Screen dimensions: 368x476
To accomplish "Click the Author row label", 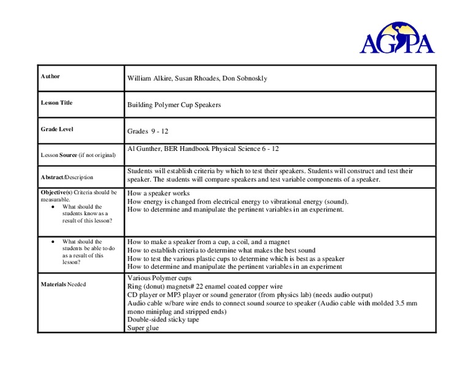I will [x=50, y=77].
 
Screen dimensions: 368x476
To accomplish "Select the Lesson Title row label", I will [x=56, y=103].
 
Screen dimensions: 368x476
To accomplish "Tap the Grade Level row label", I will [x=57, y=129].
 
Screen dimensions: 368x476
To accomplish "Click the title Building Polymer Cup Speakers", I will [x=174, y=105].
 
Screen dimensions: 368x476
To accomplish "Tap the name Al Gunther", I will [x=145, y=149].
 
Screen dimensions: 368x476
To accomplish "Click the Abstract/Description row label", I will [x=67, y=177].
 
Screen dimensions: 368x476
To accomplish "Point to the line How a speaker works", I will [x=158, y=193].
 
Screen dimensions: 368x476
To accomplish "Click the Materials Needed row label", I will [x=63, y=285].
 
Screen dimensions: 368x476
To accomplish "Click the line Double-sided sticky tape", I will [x=163, y=320].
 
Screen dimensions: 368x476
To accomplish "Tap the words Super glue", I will [x=143, y=328].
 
